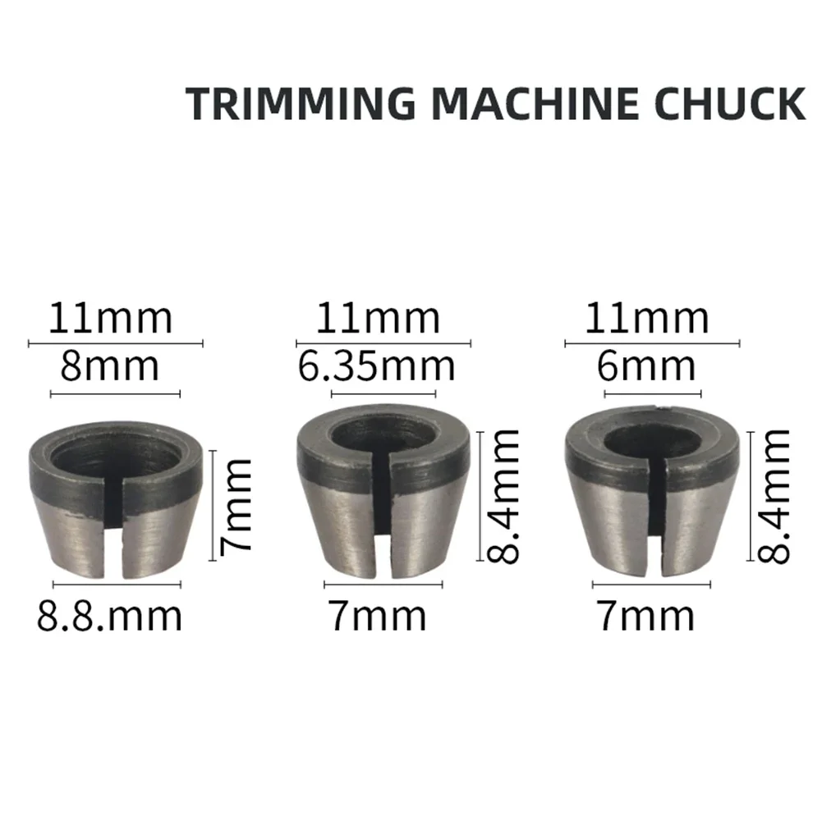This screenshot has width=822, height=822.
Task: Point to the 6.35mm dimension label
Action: click(x=376, y=366)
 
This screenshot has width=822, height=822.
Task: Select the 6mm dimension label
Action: click(x=645, y=366)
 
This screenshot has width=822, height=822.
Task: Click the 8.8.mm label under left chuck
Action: click(x=109, y=615)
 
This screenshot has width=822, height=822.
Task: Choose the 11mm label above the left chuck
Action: click(x=110, y=319)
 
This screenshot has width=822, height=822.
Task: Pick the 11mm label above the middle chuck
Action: click(x=379, y=319)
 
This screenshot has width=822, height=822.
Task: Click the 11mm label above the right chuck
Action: click(x=646, y=319)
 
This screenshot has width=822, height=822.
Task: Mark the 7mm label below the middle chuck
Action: click(x=378, y=615)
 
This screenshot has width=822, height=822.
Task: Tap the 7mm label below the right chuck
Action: click(x=645, y=615)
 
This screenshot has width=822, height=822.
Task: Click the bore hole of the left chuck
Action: click(x=116, y=449)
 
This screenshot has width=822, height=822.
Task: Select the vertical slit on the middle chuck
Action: click(x=383, y=517)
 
